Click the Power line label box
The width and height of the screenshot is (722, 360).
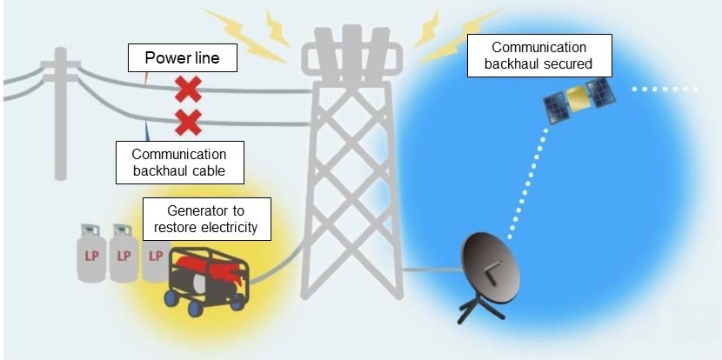click(x=182, y=59)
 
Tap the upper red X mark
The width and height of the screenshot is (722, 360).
click(x=187, y=89)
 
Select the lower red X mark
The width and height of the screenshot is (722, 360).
click(x=187, y=122)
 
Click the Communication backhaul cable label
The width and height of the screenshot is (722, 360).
click(x=178, y=163)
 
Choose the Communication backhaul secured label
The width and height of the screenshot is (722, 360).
click(x=539, y=55)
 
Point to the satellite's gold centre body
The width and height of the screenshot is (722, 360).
click(x=575, y=98)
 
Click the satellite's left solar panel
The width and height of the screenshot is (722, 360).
click(x=554, y=109)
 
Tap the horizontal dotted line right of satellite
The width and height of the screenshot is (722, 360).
click(x=665, y=89)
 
